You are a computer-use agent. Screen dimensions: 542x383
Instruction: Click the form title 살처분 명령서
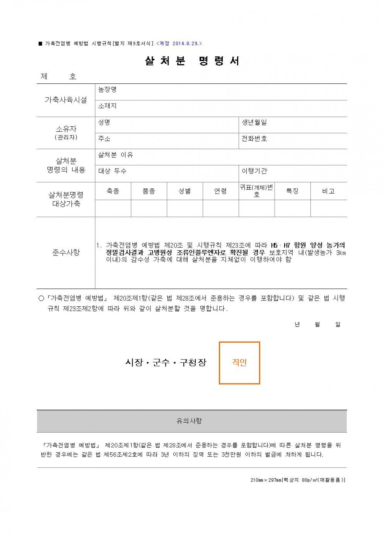(192, 61)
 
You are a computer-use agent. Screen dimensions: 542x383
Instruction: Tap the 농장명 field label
(107, 89)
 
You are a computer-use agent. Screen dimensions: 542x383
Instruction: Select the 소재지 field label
(107, 106)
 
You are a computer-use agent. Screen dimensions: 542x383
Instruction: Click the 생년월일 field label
(254, 122)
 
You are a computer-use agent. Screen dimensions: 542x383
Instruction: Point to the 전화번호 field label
(254, 138)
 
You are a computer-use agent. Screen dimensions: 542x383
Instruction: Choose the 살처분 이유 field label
(116, 155)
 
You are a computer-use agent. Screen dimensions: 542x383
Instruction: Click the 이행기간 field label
(254, 171)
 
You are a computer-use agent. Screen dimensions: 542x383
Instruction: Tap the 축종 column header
(113, 191)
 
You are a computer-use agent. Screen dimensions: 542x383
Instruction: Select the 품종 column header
(149, 191)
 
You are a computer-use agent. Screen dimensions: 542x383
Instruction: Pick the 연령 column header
(220, 191)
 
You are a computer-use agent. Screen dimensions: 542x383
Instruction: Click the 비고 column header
(328, 191)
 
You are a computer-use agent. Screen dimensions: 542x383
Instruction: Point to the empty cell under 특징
(292, 208)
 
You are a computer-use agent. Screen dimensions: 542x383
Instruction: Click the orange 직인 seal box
(239, 363)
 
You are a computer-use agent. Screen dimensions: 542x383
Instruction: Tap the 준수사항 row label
(66, 253)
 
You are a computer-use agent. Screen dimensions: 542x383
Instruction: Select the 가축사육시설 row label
(66, 100)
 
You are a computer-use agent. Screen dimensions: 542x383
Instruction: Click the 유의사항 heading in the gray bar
(189, 421)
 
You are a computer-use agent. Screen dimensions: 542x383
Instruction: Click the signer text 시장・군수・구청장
(166, 362)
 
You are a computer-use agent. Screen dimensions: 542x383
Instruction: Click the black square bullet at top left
(41, 44)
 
